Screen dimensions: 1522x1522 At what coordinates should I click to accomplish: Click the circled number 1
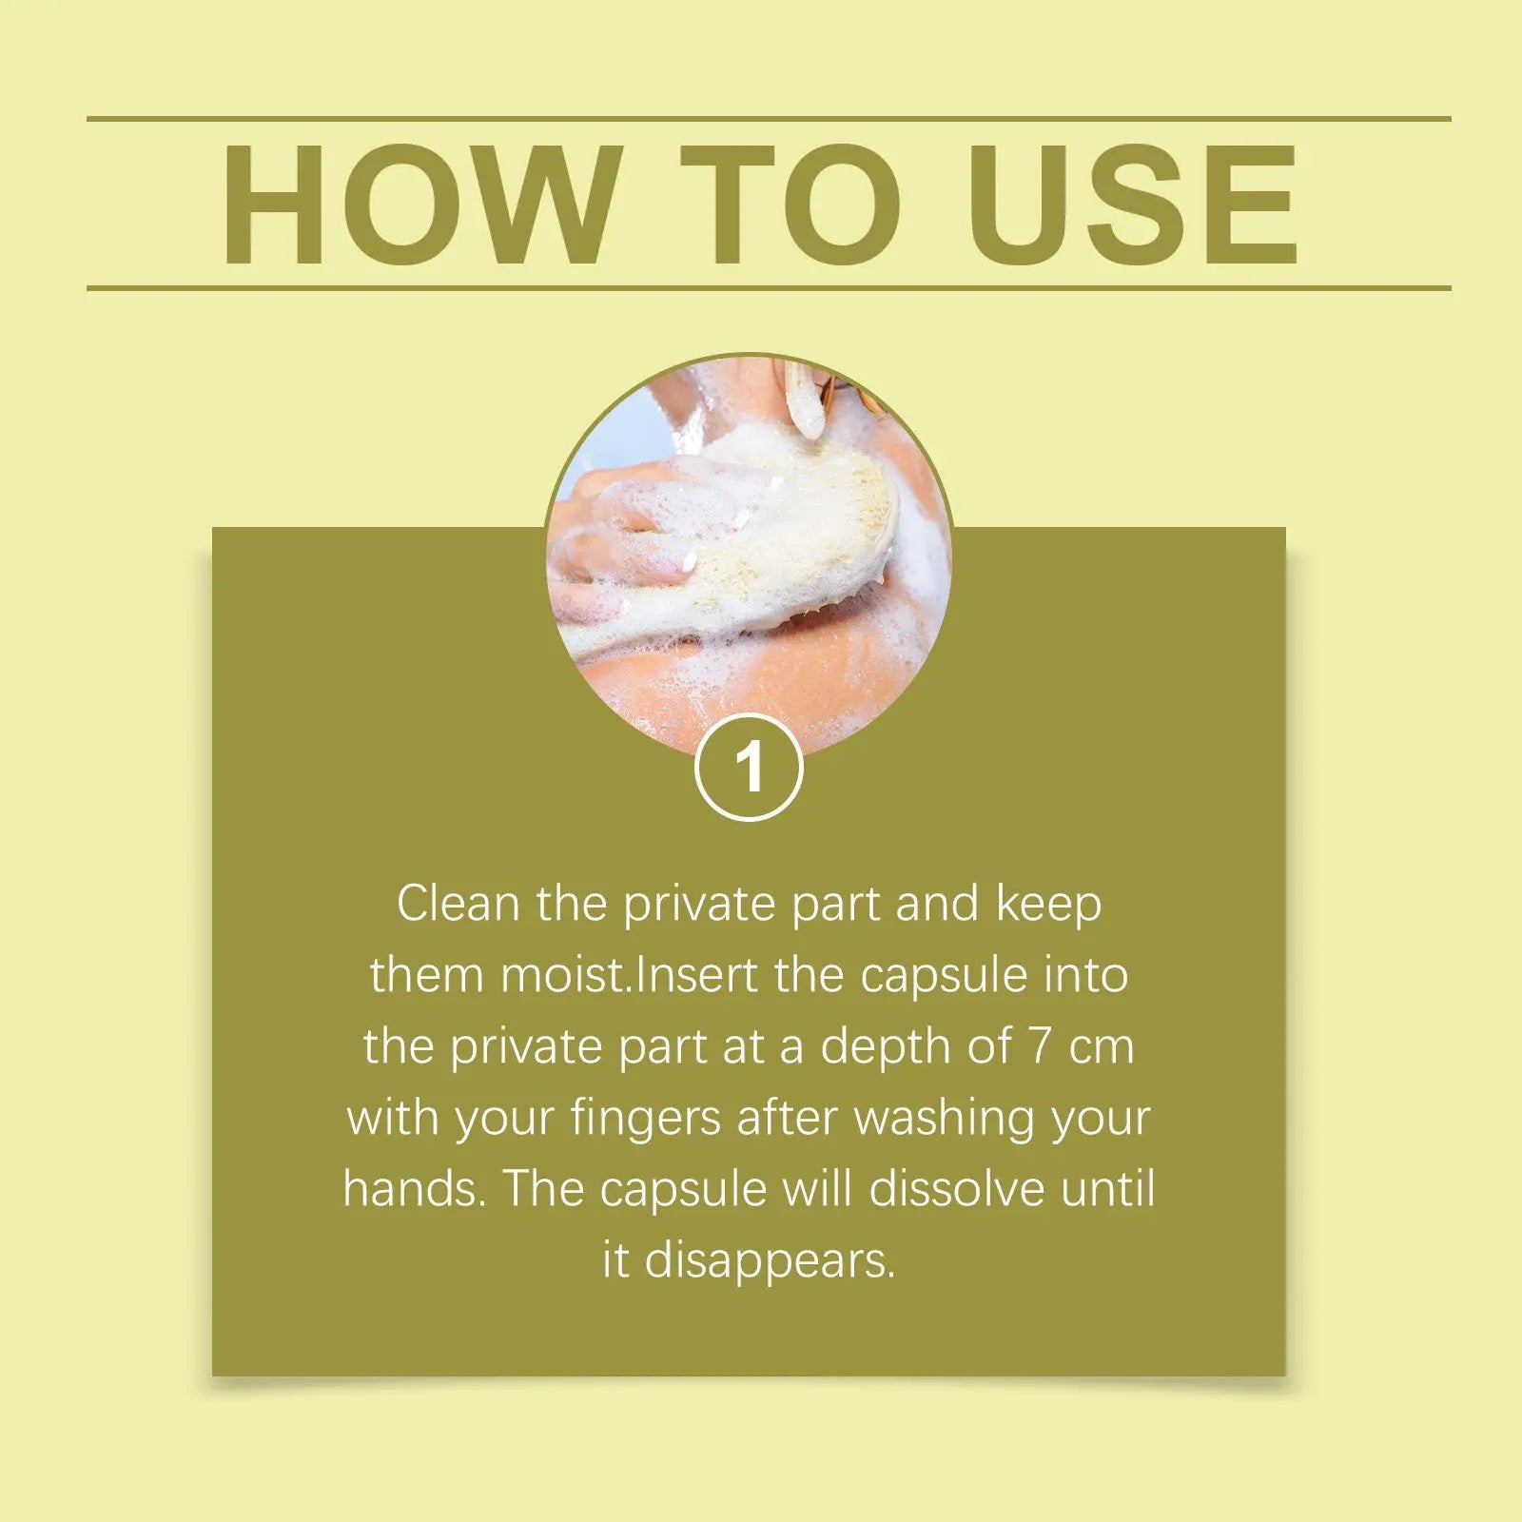point(750,767)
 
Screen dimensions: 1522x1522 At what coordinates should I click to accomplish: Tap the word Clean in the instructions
point(459,903)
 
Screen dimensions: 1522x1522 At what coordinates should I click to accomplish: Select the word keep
point(1048,905)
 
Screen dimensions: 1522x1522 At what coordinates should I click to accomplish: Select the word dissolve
point(958,1189)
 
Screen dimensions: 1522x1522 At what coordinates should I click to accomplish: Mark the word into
point(1086,975)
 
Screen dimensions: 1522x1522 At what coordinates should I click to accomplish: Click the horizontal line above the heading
point(769,119)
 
